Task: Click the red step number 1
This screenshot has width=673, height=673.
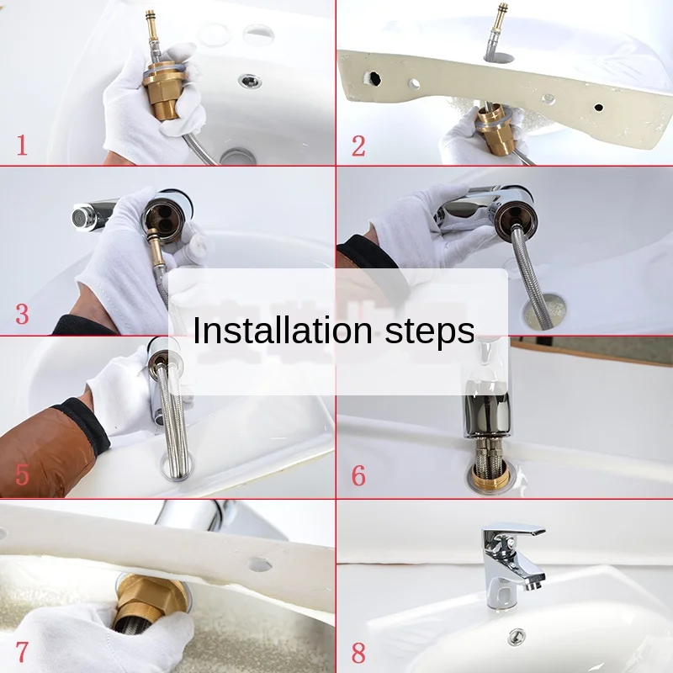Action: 23,145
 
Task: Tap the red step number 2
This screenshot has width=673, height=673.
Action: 359,146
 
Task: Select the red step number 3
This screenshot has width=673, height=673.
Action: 23,314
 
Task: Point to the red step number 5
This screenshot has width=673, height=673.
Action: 23,474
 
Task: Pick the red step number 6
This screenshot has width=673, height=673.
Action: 359,475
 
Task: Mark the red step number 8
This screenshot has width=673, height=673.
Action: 359,654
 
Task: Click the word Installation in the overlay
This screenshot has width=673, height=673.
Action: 283,330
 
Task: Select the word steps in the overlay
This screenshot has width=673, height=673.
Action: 430,332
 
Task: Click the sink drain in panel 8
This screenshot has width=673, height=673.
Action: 517,637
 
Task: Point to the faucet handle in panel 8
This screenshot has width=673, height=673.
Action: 513,532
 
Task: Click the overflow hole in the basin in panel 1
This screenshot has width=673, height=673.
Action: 250,80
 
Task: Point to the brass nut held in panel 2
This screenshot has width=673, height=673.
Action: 496,130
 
